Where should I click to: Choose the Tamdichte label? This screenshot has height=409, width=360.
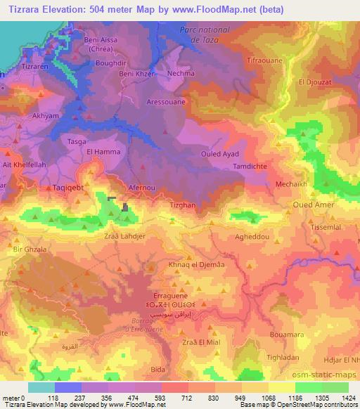click(252, 167)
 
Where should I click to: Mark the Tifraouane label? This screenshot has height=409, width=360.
click(264, 61)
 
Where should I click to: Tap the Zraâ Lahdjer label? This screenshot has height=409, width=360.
click(124, 237)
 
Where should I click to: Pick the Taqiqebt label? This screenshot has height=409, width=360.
click(70, 188)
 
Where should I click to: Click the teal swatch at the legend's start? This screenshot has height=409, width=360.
click(41, 387)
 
